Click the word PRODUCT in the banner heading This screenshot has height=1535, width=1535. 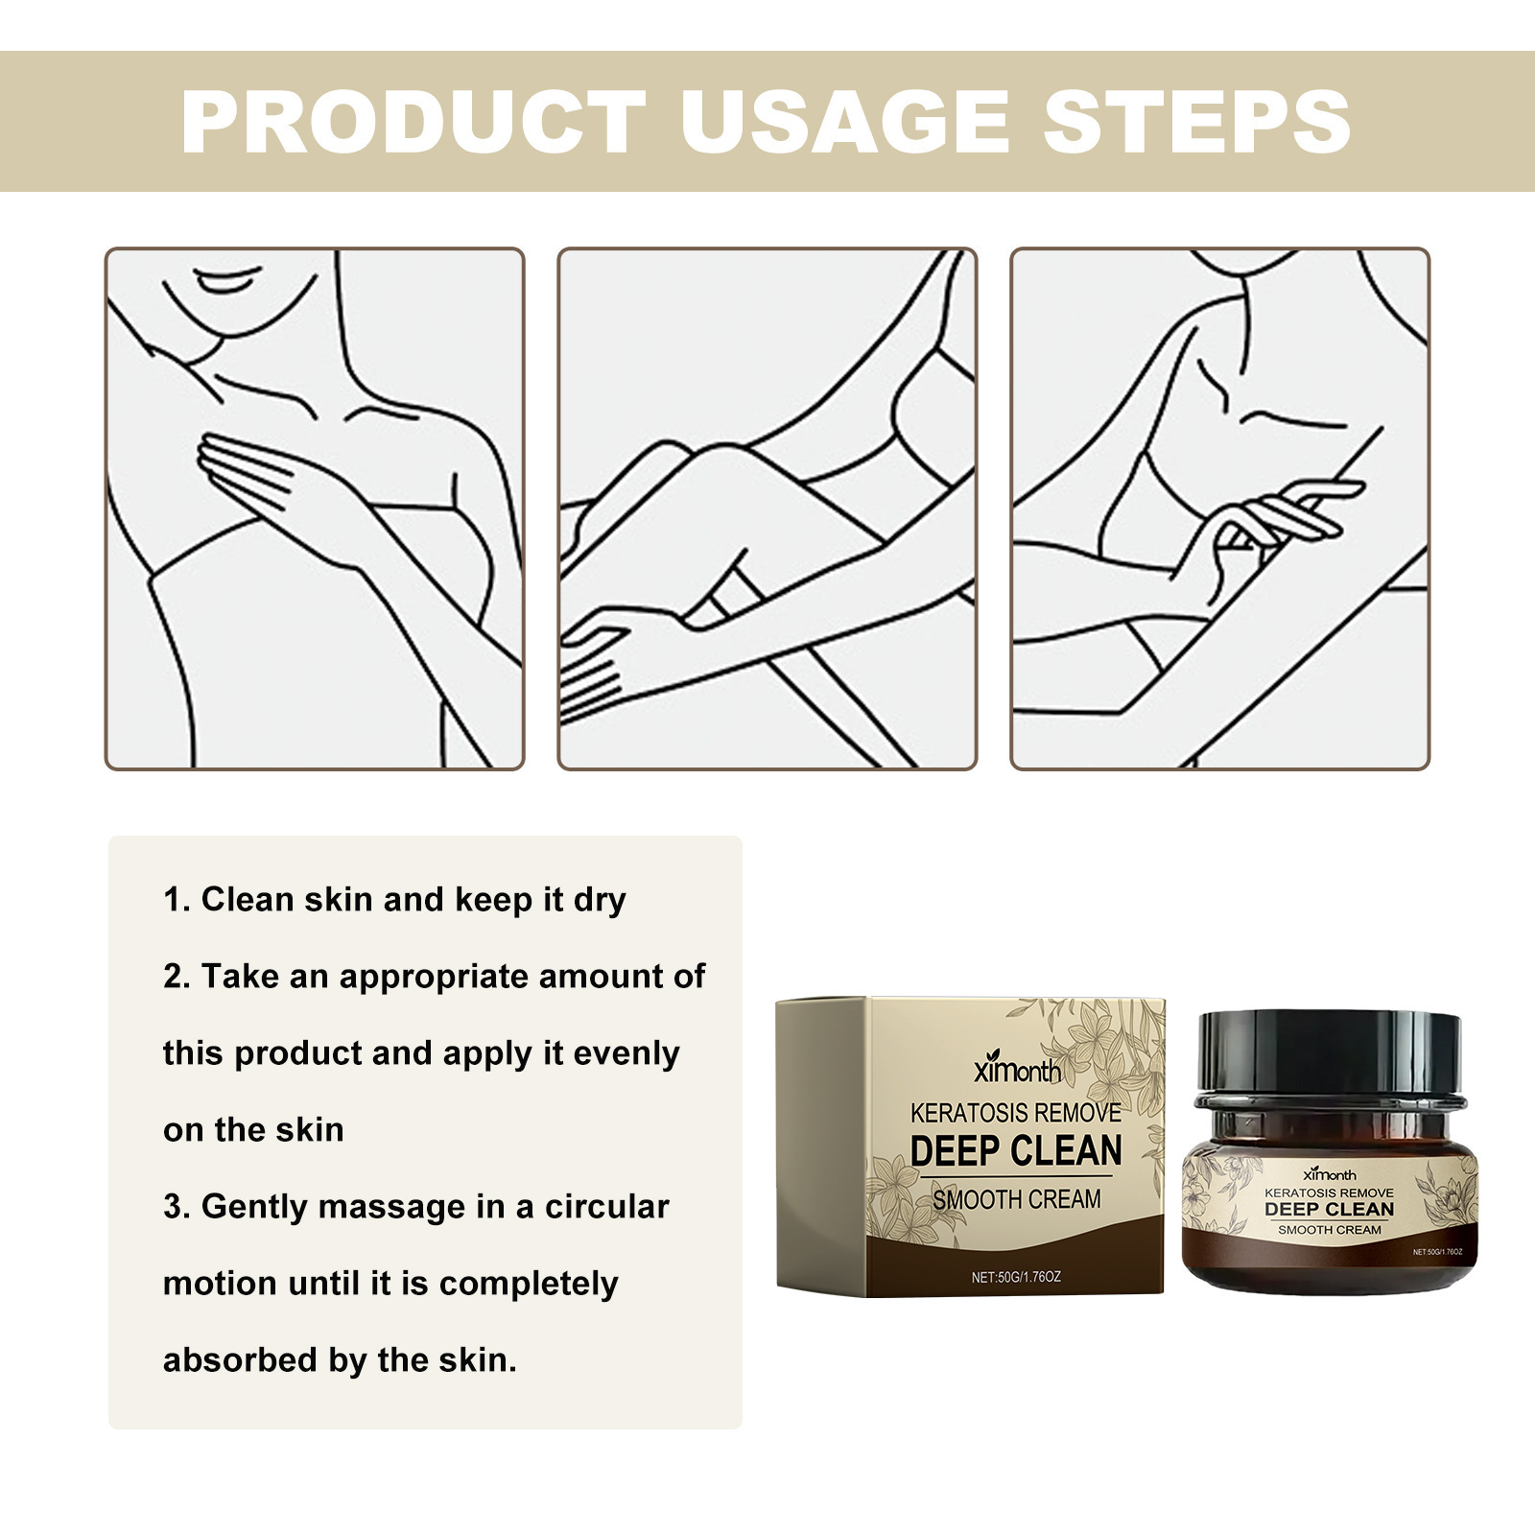click(x=413, y=122)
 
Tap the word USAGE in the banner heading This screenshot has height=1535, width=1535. click(x=844, y=122)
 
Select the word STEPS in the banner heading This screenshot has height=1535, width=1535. click(x=1196, y=122)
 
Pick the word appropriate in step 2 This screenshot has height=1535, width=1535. click(x=434, y=978)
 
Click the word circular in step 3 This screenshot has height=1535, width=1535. click(x=606, y=1207)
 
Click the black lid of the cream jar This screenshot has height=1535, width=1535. click(x=1332, y=1055)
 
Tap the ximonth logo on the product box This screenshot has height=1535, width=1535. click(x=1017, y=1070)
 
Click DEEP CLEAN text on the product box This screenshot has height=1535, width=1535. click(x=1016, y=1150)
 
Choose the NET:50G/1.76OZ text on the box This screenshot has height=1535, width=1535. click(x=1016, y=1278)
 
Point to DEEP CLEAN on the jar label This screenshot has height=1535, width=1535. click(x=1329, y=1210)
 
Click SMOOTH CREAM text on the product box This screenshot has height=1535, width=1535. click(x=1017, y=1199)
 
